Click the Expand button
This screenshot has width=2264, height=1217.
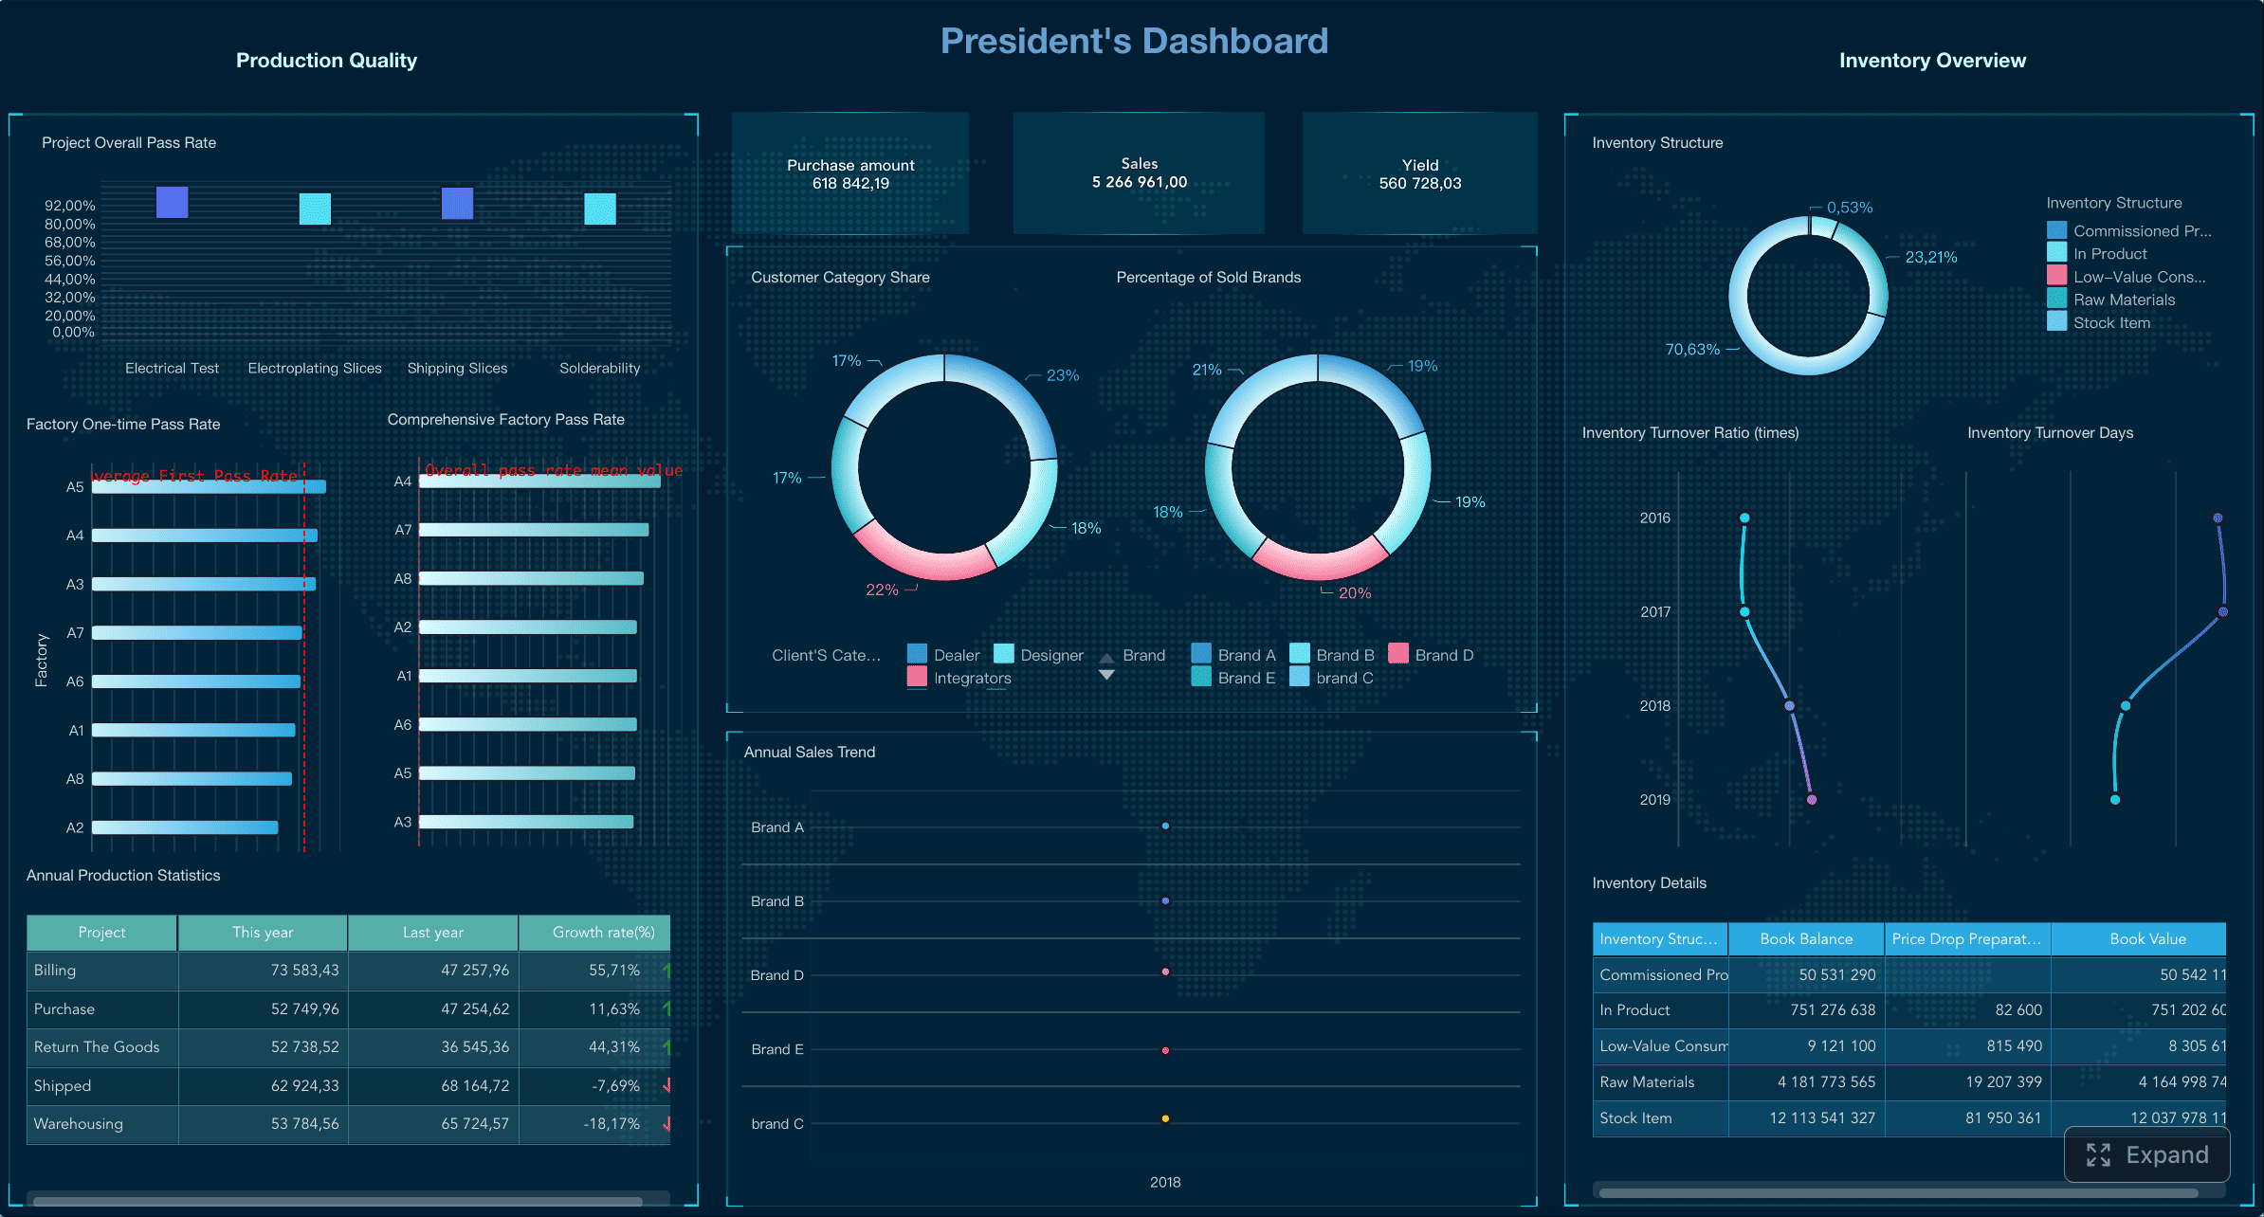point(2147,1154)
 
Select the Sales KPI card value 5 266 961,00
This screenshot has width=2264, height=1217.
point(1139,182)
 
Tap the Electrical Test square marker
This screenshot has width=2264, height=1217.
point(172,202)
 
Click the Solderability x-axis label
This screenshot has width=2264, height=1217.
point(599,368)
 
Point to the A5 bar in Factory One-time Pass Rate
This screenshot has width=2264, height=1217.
point(209,486)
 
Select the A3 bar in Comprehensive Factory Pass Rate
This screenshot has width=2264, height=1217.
point(526,822)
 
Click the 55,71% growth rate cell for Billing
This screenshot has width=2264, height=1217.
point(613,970)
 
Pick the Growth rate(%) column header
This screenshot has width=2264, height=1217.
point(603,932)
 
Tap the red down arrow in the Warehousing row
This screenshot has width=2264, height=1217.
point(667,1123)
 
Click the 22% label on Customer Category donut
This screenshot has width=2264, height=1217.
point(882,590)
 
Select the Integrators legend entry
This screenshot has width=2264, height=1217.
point(959,678)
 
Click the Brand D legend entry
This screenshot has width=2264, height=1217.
point(1432,655)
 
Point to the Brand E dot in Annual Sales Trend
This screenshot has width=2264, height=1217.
point(1165,1050)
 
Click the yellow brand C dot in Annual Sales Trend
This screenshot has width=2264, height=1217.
point(1165,1118)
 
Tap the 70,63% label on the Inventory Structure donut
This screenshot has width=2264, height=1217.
point(1692,349)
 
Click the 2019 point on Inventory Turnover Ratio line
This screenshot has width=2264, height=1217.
point(1812,800)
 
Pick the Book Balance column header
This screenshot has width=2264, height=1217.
point(1805,938)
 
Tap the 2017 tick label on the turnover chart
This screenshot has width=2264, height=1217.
point(1655,611)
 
